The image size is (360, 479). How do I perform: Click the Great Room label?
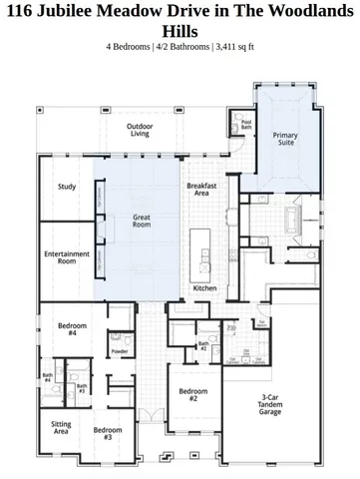[x=142, y=222]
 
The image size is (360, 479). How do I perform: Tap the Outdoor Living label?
[x=141, y=130]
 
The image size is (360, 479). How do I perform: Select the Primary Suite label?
[x=285, y=139]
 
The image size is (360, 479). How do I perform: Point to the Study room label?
[x=67, y=187]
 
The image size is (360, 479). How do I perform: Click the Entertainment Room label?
[x=67, y=257]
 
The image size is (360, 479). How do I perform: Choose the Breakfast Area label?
[x=201, y=190]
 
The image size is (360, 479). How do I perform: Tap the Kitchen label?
[x=204, y=288]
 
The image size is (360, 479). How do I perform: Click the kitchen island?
[x=201, y=250]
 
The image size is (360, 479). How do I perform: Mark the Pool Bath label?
[x=246, y=125]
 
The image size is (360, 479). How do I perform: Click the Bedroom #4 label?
[x=72, y=329]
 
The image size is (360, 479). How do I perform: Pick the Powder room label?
[x=119, y=351]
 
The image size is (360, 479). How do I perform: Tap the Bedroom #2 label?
[x=186, y=395]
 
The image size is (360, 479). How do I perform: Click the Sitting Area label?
[x=61, y=427]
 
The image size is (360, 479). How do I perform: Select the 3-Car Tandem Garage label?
[x=269, y=404]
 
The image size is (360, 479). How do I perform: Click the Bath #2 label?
[x=202, y=345]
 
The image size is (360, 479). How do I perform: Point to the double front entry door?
[x=150, y=414]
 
